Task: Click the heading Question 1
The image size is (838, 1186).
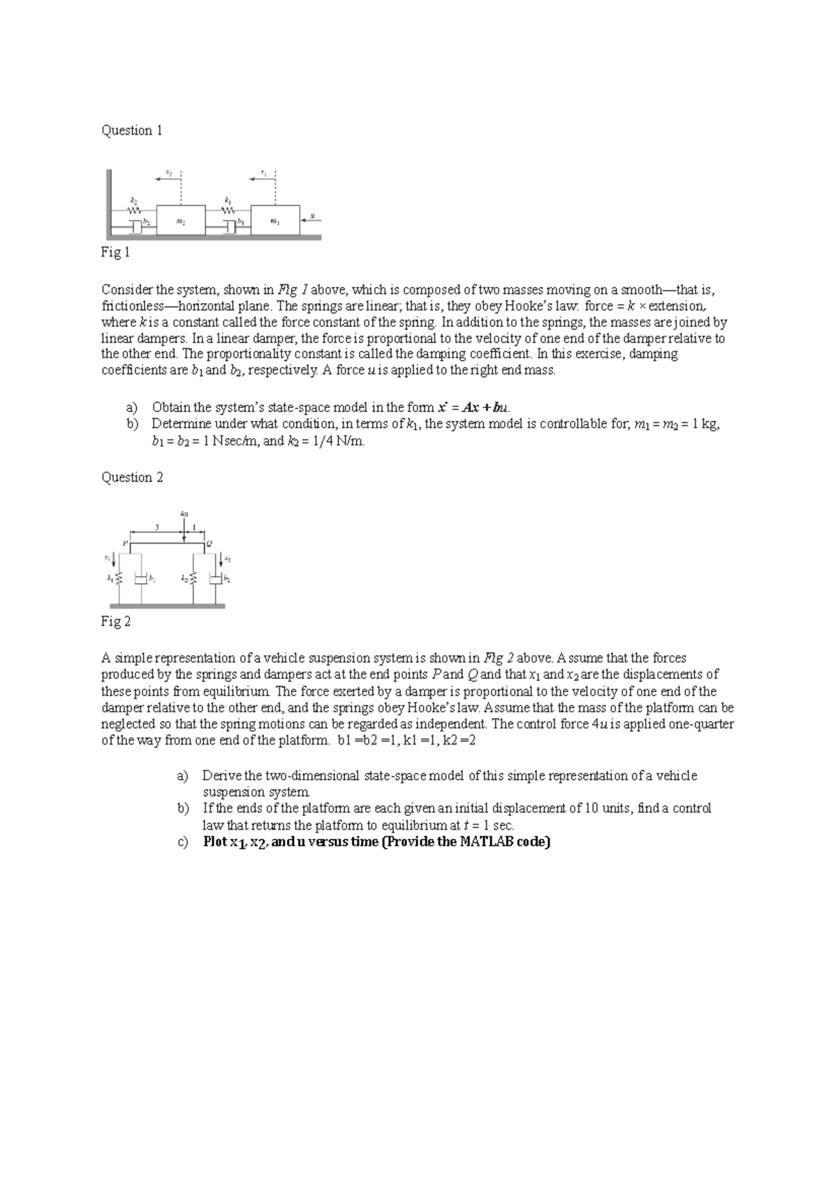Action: click(132, 131)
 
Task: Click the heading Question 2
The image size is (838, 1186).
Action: click(132, 478)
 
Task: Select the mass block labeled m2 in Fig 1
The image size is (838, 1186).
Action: click(181, 220)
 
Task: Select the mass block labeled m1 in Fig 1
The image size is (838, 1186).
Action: click(274, 220)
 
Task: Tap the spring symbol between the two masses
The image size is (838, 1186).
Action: click(228, 208)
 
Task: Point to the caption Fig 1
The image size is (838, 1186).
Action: click(116, 253)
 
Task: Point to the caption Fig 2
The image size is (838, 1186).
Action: click(116, 622)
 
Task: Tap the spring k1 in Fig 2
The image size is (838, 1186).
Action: click(119, 579)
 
